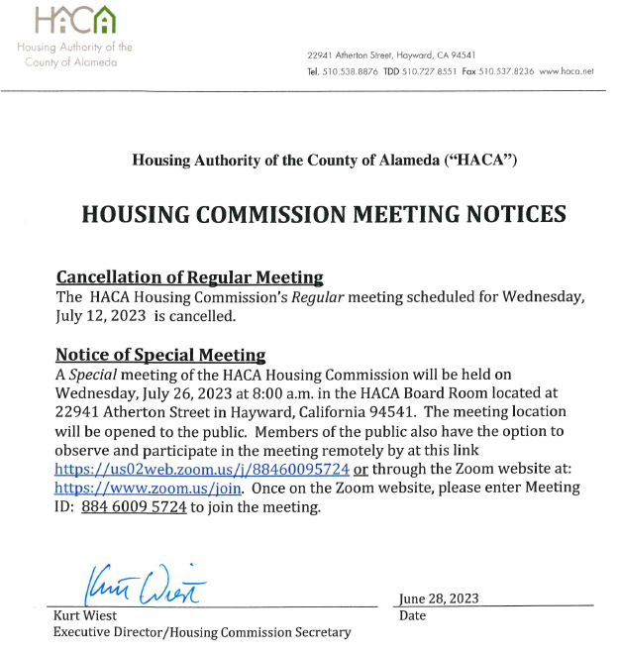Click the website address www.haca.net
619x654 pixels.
[x=567, y=71]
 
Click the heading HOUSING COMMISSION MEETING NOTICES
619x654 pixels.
[x=323, y=215]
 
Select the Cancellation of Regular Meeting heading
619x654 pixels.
[x=189, y=277]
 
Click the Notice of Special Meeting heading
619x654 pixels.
[x=159, y=355]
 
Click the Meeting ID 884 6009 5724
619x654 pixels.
[x=134, y=507]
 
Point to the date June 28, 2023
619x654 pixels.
[x=438, y=599]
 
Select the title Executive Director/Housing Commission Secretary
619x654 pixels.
[x=201, y=632]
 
